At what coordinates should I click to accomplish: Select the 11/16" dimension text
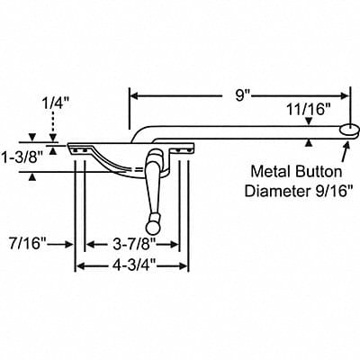coord(306,110)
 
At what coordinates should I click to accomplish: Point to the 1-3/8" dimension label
coord(22,157)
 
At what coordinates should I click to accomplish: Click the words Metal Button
coord(296,172)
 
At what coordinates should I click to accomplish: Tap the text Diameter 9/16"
coord(299,191)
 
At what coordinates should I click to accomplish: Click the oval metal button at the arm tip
coord(349,130)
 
